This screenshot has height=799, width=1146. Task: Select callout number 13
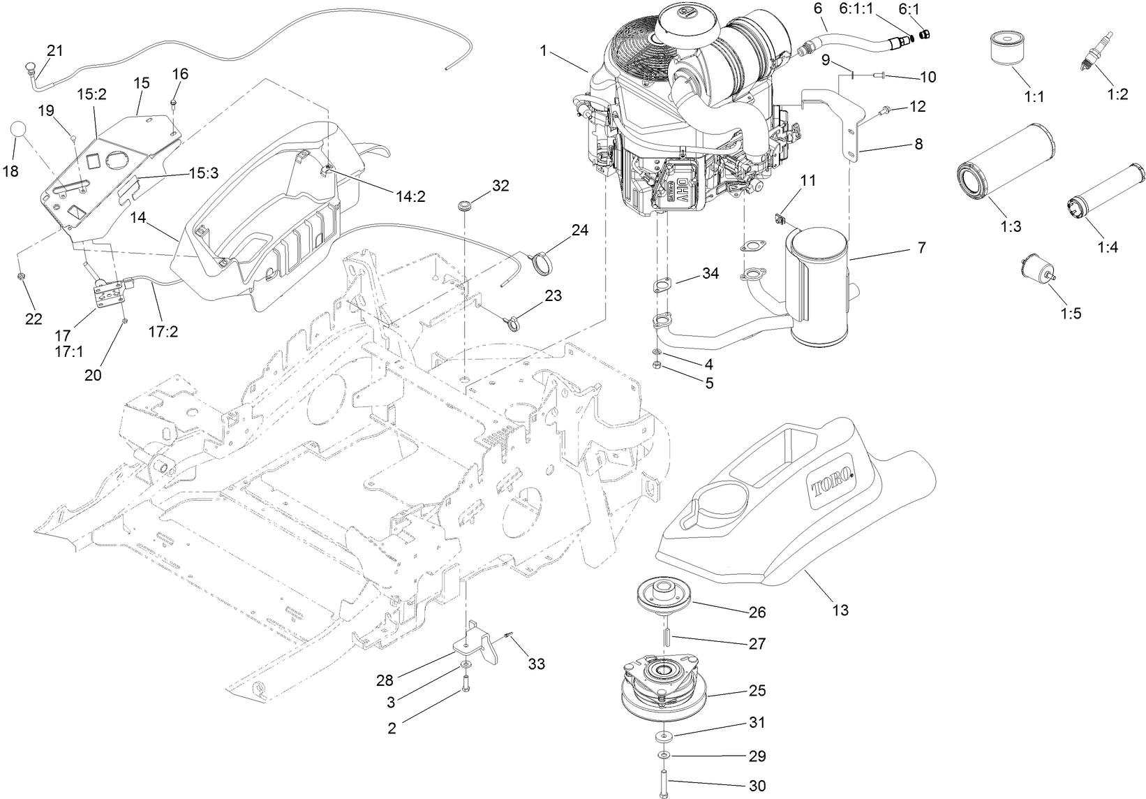pyautogui.click(x=840, y=610)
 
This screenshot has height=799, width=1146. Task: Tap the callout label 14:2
pyautogui.click(x=410, y=197)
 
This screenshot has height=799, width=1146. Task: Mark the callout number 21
pyautogui.click(x=54, y=50)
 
